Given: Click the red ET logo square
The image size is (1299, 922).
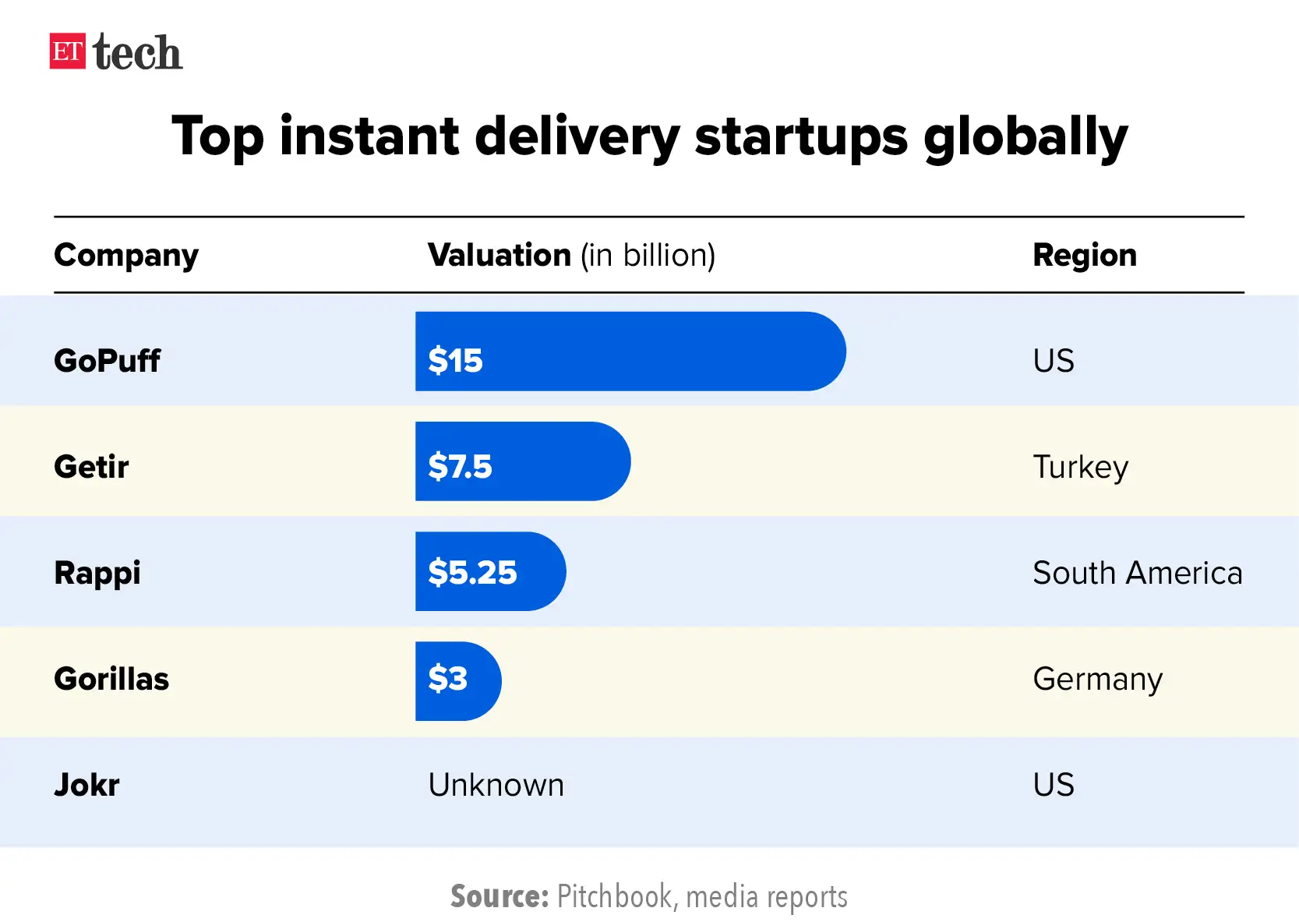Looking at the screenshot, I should pos(67,51).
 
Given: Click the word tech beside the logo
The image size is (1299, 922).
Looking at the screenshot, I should pos(137,53).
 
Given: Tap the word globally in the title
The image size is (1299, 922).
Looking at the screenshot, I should pos(1025,137).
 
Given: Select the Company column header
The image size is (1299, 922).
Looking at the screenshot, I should pos(126,256).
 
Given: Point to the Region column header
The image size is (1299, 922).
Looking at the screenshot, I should pos(1084,256).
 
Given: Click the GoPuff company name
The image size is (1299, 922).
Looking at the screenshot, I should pos(107,361).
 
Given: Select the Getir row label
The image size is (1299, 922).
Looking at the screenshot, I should pos(91,467).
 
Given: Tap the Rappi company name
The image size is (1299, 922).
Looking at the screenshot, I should pos(97,573).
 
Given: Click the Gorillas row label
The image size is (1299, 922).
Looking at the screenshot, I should pos(111,679).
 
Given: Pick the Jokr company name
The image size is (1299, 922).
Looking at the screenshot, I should pos(86,785).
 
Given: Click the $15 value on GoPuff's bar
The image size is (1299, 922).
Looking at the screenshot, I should pos(455,361).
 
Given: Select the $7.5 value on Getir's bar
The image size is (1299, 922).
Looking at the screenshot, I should pos(460,467).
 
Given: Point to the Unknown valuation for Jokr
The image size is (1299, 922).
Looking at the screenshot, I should pos(496,785).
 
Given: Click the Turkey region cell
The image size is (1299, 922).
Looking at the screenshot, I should pos(1080,467).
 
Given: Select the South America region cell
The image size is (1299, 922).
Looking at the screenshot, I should pos(1137,573).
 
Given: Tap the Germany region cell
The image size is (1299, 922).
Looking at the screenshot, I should pos(1097,679).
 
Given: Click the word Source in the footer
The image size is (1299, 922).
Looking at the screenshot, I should pos(499,897).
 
